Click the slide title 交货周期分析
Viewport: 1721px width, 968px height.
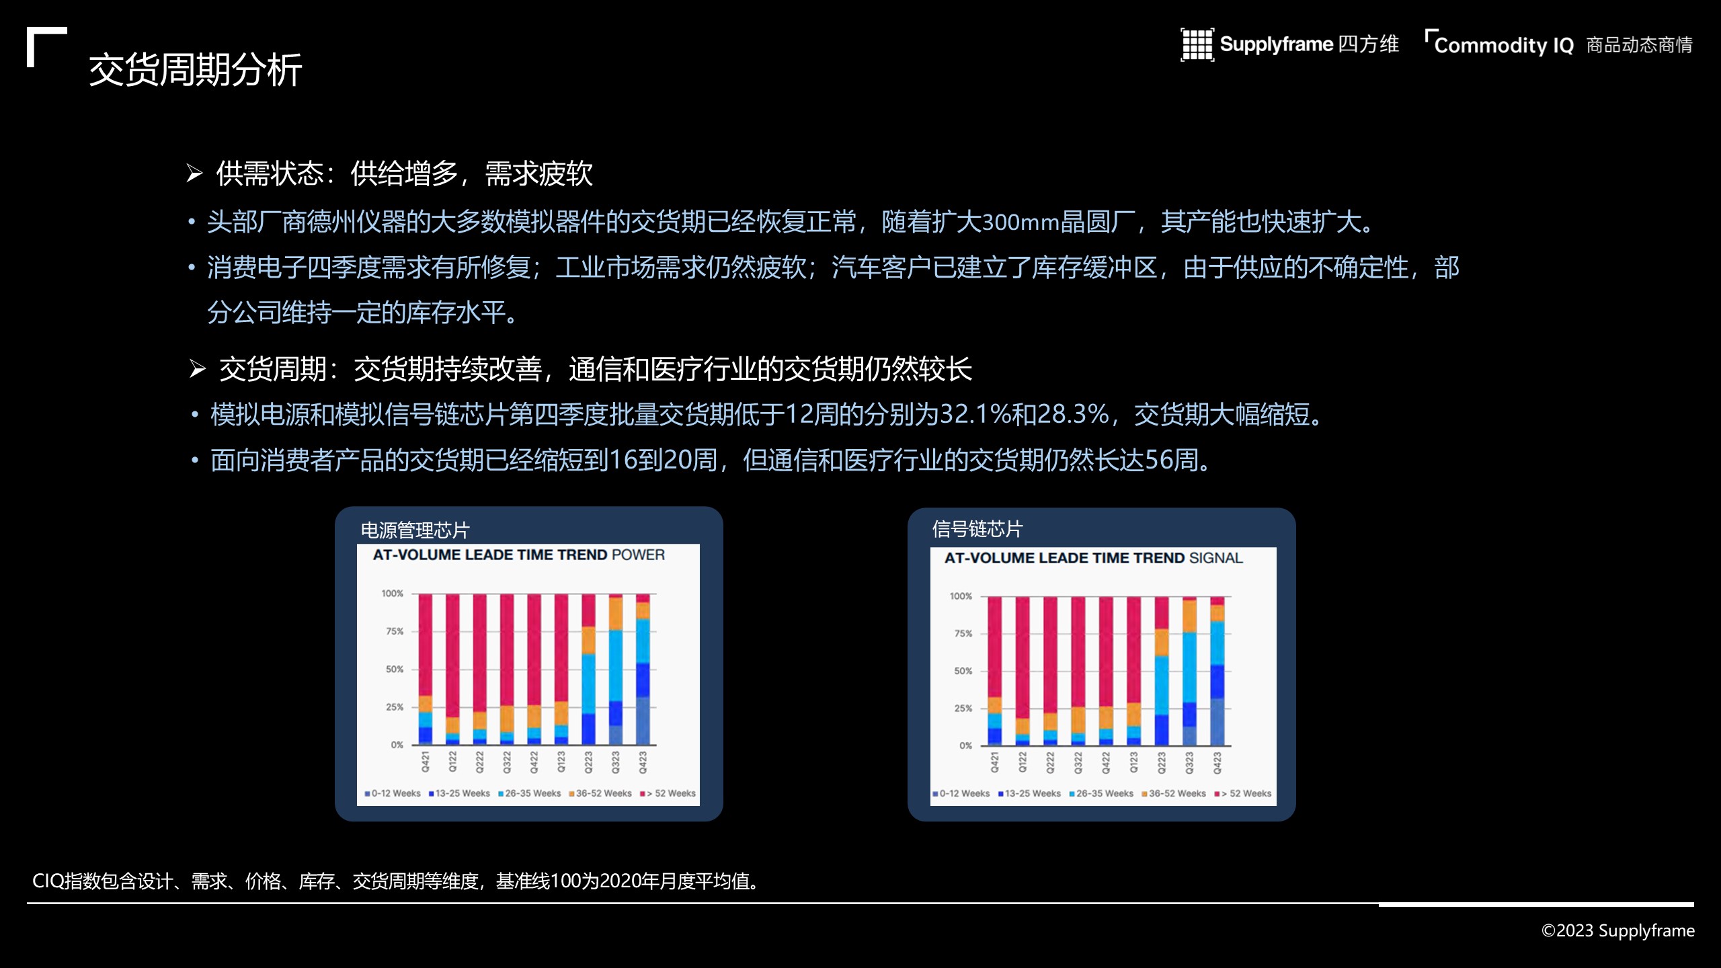tap(195, 69)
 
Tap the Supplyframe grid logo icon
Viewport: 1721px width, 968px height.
tap(1197, 45)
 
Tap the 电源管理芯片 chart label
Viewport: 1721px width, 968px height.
tap(415, 530)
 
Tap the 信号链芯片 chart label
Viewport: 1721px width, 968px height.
tap(977, 529)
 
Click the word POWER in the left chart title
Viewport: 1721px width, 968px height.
tap(638, 555)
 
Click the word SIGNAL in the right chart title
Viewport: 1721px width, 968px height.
tap(1215, 558)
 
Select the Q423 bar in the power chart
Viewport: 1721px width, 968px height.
tap(643, 670)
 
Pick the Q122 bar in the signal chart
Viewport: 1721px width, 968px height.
tap(1023, 671)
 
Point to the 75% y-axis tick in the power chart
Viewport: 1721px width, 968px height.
tap(394, 631)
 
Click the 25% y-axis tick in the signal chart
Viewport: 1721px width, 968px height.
tap(963, 709)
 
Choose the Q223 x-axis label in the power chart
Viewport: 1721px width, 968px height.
tap(588, 762)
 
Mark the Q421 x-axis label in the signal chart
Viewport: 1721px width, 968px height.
tap(995, 763)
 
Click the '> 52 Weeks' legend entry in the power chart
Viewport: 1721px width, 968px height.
tap(668, 793)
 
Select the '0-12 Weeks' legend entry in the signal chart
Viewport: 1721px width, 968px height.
tap(961, 793)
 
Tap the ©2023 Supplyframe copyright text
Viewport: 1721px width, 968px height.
tap(1617, 930)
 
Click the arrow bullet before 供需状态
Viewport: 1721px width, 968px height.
tap(194, 173)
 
